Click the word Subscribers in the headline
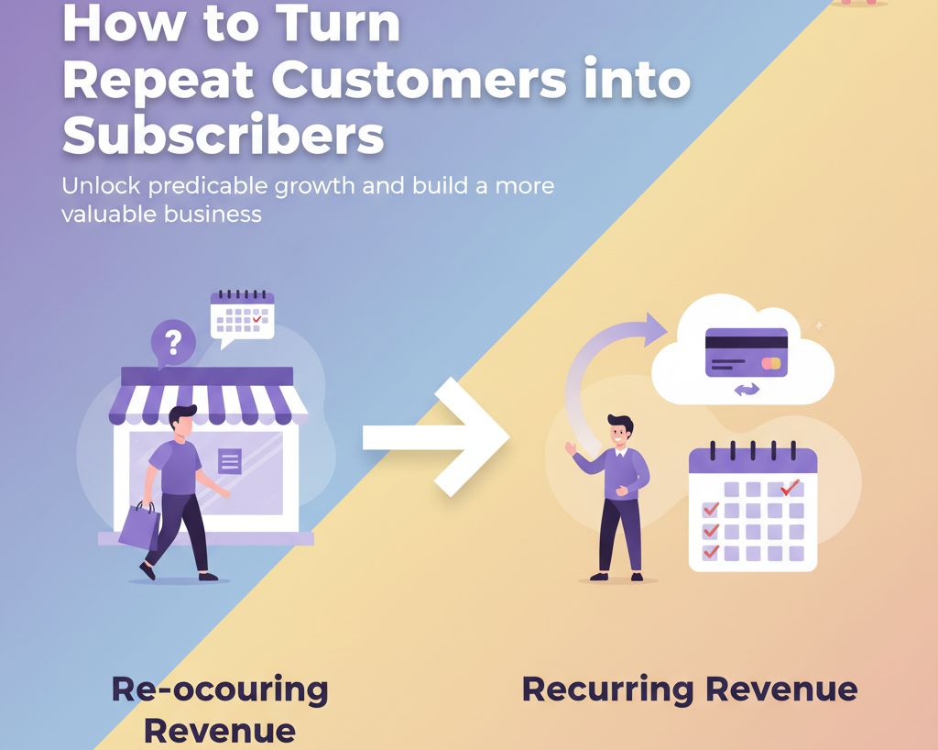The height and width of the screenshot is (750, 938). pyautogui.click(x=224, y=135)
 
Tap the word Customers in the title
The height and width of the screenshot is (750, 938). pyautogui.click(x=419, y=80)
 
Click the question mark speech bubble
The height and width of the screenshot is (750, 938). pyautogui.click(x=173, y=344)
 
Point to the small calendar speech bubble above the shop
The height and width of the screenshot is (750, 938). pyautogui.click(x=242, y=318)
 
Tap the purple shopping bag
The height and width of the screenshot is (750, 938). pyautogui.click(x=140, y=525)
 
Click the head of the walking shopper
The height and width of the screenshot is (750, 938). pyautogui.click(x=182, y=422)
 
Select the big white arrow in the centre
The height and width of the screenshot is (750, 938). pyautogui.click(x=436, y=437)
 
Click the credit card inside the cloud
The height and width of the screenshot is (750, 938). pyautogui.click(x=746, y=353)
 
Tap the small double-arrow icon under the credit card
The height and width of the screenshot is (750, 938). pyautogui.click(x=747, y=391)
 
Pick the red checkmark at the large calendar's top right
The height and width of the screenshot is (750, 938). pyautogui.click(x=791, y=487)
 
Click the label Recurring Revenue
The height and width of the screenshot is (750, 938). pyautogui.click(x=690, y=689)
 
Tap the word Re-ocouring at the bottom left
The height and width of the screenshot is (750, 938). pyautogui.click(x=220, y=689)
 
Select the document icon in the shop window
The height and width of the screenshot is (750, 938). pyautogui.click(x=230, y=461)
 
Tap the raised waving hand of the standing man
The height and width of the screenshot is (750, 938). pyautogui.click(x=571, y=447)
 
